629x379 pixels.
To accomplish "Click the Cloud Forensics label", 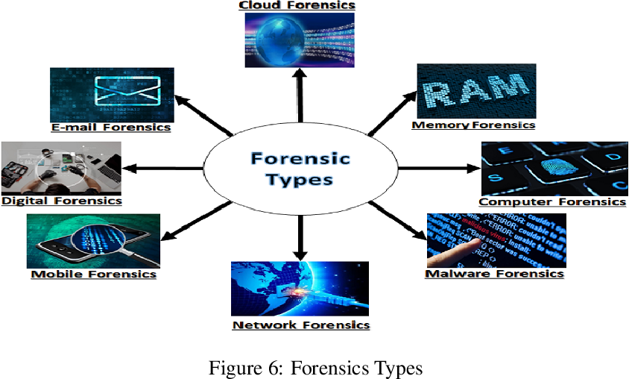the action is [x=297, y=5].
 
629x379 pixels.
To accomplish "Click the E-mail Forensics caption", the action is [x=111, y=128].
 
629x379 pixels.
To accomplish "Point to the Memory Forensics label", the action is [x=473, y=125].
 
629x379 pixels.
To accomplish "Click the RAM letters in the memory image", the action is [x=476, y=91].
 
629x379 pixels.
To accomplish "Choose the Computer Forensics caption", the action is [x=552, y=201].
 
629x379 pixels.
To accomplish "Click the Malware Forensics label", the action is [x=494, y=273].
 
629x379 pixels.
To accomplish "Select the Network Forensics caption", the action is [x=301, y=325].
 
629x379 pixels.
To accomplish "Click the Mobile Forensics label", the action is [x=94, y=274].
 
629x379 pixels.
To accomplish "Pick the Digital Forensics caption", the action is [x=62, y=200].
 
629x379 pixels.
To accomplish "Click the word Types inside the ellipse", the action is [x=300, y=179].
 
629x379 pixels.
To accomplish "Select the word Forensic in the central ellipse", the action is [x=300, y=158].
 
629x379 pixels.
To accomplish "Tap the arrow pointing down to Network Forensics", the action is [x=300, y=235].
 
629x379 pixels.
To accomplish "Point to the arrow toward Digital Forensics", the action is [x=164, y=168].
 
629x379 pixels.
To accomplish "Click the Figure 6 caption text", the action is [x=316, y=369].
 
